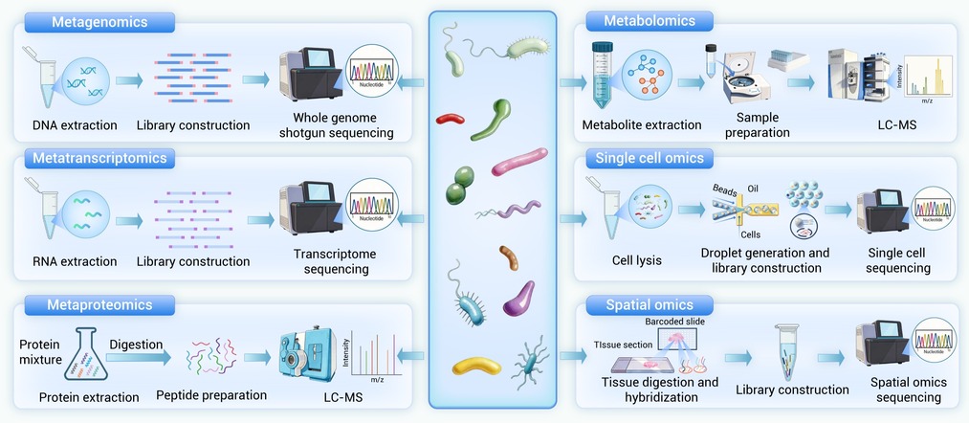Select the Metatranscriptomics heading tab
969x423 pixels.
(x=111, y=158)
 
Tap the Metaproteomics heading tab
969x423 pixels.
(x=102, y=305)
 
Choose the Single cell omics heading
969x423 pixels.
(x=650, y=158)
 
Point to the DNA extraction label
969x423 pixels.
(x=75, y=125)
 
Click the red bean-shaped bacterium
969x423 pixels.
(x=451, y=120)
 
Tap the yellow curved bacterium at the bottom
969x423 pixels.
(x=475, y=366)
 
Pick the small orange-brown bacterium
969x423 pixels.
(x=508, y=257)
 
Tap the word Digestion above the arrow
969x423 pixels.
(x=135, y=344)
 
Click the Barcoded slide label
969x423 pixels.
(x=675, y=322)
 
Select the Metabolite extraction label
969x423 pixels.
(x=641, y=125)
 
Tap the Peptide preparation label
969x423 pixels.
(x=211, y=394)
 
